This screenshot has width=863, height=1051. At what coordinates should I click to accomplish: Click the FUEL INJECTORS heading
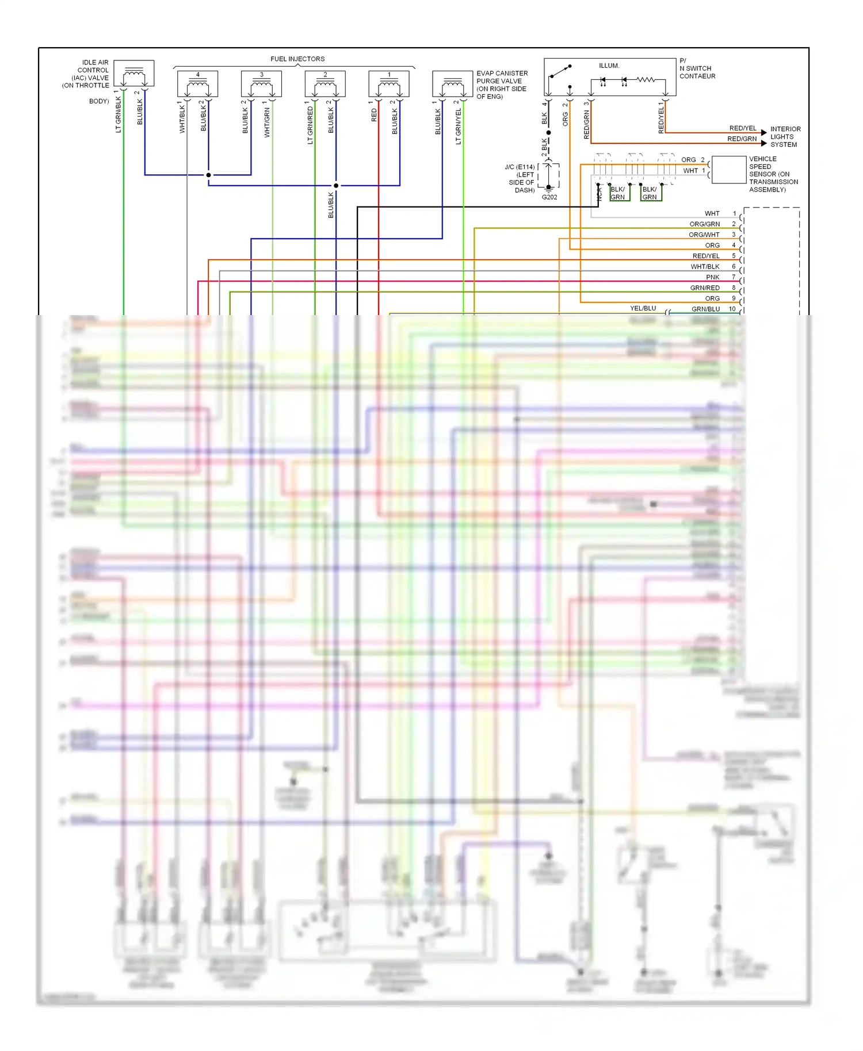(297, 59)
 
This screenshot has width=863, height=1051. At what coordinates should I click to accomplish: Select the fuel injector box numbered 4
(197, 84)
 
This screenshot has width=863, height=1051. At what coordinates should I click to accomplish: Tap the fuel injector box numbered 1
(389, 84)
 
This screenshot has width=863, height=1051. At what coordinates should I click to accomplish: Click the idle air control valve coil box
(133, 74)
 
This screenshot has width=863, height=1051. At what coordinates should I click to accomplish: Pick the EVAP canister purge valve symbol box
(452, 84)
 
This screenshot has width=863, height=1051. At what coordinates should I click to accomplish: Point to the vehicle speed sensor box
(728, 170)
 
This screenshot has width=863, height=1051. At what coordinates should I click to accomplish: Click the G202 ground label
(549, 197)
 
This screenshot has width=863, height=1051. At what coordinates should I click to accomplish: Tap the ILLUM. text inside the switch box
(609, 66)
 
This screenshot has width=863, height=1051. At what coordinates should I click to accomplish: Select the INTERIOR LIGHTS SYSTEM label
(785, 137)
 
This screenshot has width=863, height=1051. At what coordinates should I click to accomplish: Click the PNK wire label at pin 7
(712, 277)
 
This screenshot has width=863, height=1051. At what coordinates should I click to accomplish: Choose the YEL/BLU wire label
(643, 308)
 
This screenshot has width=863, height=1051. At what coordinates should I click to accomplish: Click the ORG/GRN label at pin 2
(704, 224)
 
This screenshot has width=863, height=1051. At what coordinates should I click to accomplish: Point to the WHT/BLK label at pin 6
(705, 267)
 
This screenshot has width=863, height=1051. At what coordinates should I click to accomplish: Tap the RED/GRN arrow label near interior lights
(742, 139)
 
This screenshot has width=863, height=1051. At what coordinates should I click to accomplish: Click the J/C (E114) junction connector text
(520, 167)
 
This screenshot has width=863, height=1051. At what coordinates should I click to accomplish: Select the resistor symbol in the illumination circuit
(645, 79)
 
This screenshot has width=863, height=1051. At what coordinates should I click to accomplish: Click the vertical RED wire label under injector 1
(374, 115)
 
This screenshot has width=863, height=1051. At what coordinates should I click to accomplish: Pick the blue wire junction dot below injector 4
(208, 175)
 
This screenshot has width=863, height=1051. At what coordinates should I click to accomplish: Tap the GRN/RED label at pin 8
(705, 288)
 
